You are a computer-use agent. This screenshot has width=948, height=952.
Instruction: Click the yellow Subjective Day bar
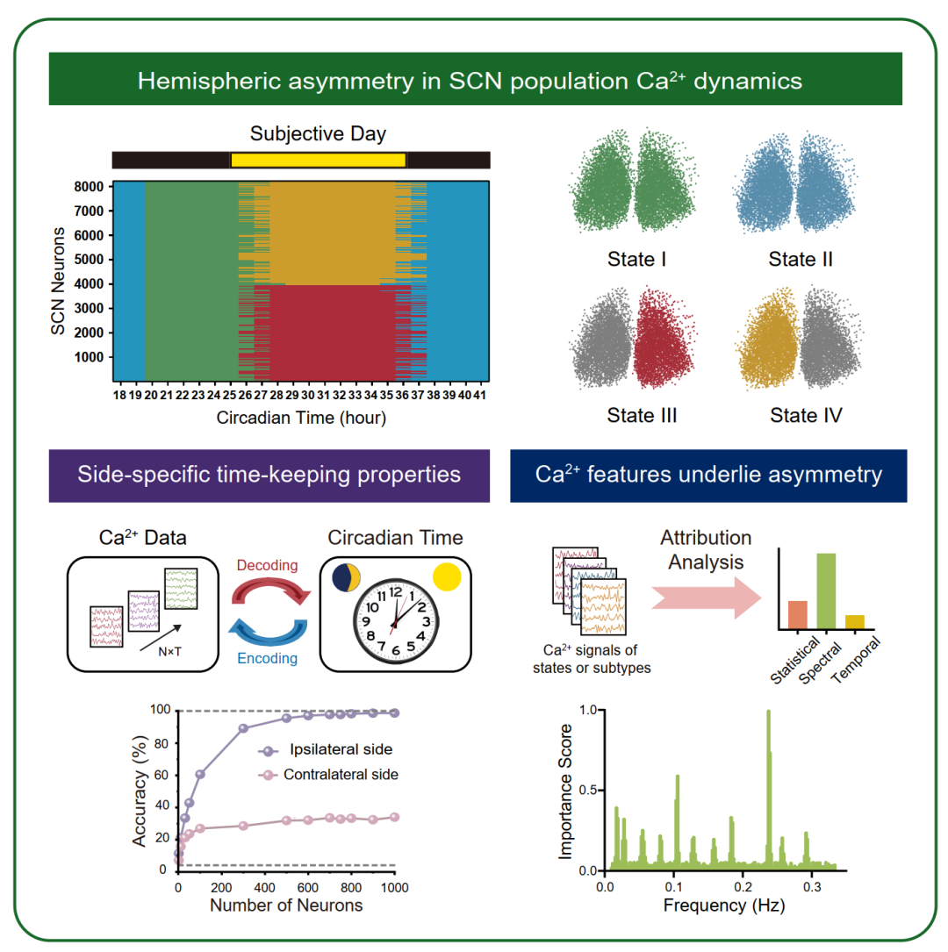[318, 161]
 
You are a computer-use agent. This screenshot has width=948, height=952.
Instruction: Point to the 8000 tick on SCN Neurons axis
[89, 187]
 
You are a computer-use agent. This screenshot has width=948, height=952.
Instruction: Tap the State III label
[642, 415]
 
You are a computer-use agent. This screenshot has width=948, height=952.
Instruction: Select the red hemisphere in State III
[663, 337]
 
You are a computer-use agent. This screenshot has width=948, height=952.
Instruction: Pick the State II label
[801, 259]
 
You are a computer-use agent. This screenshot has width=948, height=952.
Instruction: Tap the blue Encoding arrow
[268, 632]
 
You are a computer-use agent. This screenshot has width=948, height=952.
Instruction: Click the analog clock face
[395, 621]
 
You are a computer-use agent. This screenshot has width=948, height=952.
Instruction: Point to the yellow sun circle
[447, 577]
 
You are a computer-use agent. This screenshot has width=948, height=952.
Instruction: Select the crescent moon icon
[346, 577]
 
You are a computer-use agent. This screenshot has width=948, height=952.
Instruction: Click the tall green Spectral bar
[826, 591]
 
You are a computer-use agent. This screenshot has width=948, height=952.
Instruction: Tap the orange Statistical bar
[797, 614]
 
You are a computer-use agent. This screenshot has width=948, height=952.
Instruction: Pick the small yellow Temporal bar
[854, 622]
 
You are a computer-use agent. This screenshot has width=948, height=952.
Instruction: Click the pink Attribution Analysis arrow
[707, 598]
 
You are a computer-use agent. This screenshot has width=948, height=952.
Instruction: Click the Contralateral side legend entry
[328, 775]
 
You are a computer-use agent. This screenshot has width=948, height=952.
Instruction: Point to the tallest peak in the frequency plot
[768, 711]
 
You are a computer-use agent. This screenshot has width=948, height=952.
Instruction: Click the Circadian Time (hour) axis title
[301, 418]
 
